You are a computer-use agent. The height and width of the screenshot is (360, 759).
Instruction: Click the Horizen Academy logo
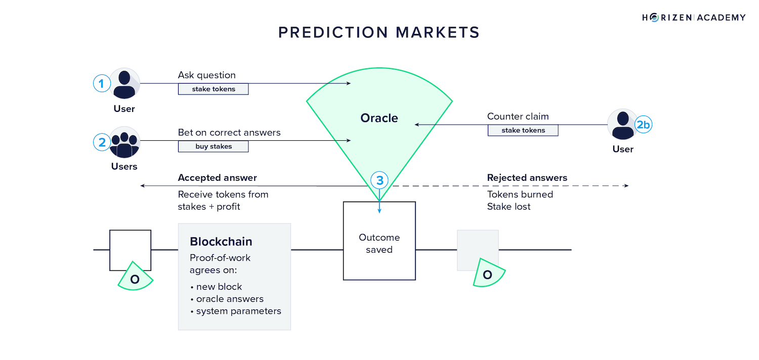694,18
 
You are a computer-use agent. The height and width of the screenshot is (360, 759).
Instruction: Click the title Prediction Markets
379,32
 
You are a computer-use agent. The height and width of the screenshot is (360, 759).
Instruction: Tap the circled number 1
102,84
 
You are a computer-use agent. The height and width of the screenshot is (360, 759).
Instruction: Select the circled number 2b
643,125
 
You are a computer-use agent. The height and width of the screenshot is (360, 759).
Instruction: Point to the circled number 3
379,180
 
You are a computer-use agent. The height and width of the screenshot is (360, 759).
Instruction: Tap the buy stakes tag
213,147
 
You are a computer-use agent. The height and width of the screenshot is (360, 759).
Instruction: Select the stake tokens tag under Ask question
213,89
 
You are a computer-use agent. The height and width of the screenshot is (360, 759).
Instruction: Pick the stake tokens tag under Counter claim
523,130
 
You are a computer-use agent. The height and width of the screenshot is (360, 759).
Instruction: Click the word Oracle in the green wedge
379,118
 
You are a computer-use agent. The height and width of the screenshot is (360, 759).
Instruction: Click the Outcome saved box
379,243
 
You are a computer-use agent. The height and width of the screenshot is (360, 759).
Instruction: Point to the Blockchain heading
221,242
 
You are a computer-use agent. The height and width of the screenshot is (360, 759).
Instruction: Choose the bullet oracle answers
230,299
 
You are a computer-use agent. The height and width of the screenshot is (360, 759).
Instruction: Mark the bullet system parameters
238,311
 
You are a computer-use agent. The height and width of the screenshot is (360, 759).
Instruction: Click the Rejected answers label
527,178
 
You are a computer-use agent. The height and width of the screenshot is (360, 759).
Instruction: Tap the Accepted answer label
217,178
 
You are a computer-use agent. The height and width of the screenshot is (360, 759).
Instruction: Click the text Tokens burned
520,194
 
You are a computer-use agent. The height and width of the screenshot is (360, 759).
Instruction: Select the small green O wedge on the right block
488,274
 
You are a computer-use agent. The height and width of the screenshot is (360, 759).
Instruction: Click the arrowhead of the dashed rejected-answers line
626,186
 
